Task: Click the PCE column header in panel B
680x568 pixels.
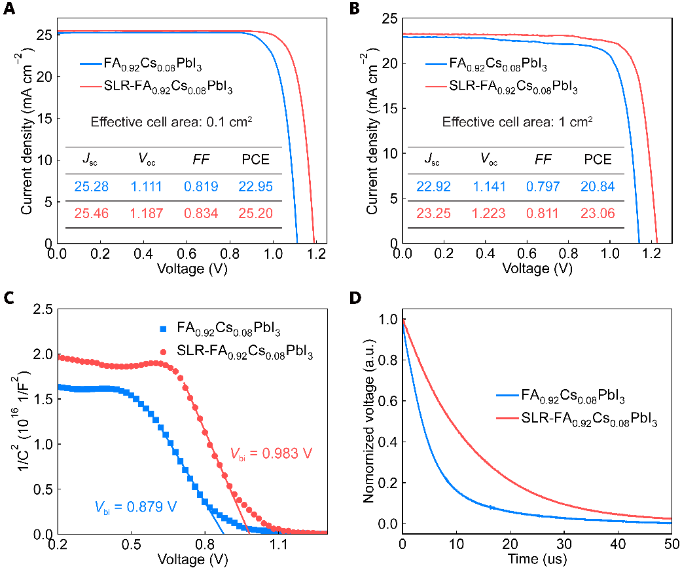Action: [x=598, y=160]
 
